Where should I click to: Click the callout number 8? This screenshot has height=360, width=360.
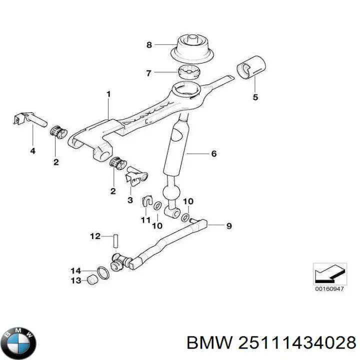(x=148, y=45)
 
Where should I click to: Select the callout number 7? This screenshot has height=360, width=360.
(x=148, y=73)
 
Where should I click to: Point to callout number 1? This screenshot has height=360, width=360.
(x=108, y=94)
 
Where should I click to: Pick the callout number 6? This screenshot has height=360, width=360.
(x=213, y=153)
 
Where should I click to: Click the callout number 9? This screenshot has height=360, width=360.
(x=229, y=226)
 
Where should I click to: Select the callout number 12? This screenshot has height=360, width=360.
(x=95, y=236)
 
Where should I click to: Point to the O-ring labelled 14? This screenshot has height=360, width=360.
(x=102, y=272)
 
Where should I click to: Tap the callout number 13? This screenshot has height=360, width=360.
(x=75, y=281)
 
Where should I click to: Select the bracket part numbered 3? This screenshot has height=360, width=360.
(x=135, y=175)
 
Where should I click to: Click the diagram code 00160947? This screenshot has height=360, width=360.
(x=328, y=289)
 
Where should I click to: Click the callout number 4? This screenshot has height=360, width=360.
(x=32, y=150)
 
